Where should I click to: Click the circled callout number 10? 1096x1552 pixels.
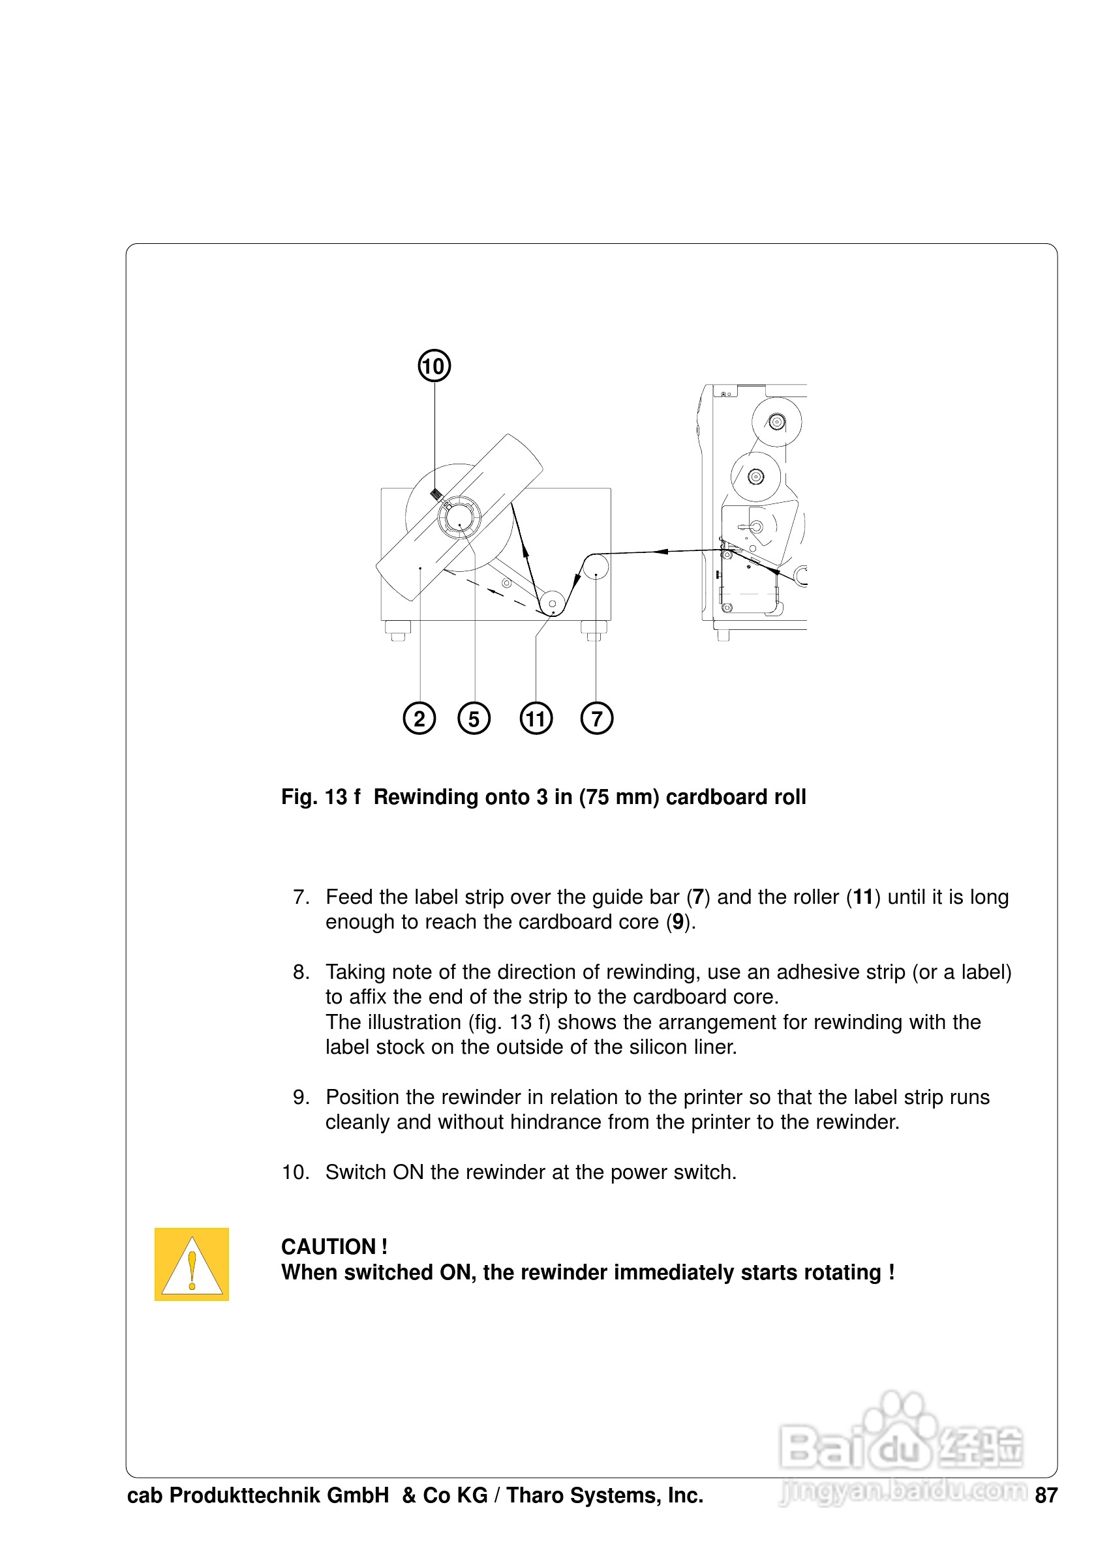[434, 366]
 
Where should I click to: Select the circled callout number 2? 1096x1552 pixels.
[419, 719]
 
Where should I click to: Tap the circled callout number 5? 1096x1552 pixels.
[474, 719]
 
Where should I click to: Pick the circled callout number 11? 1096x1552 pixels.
[536, 719]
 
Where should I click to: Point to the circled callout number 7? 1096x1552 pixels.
[596, 719]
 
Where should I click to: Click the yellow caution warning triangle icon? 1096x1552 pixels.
[192, 1264]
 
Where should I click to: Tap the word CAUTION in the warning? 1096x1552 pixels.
[329, 1246]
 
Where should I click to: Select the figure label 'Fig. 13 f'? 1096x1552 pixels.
[320, 797]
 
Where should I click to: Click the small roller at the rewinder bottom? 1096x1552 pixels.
[553, 603]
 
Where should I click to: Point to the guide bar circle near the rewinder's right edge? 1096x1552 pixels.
[596, 567]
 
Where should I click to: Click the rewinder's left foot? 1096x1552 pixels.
[397, 630]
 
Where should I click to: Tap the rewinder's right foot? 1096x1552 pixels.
[594, 630]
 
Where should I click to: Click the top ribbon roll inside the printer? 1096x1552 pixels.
[777, 423]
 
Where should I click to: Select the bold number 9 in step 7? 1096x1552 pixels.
[677, 922]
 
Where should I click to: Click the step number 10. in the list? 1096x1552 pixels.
[295, 1172]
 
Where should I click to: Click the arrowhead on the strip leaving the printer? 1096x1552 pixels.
[663, 552]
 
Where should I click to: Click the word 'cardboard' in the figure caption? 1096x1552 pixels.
[717, 797]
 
